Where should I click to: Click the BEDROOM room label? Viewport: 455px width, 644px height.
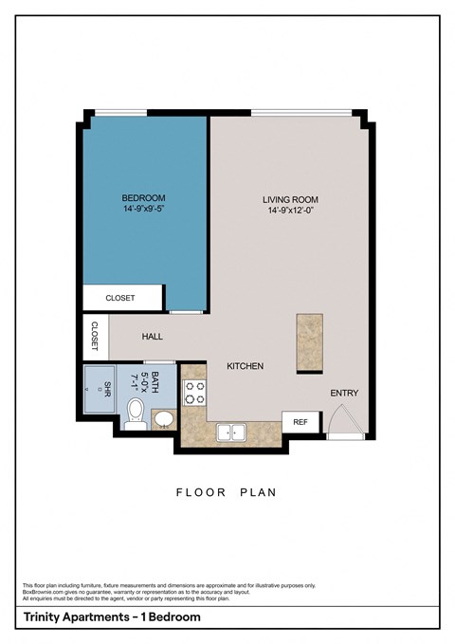tap(143, 197)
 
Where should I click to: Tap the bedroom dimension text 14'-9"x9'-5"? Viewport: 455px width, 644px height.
tap(143, 209)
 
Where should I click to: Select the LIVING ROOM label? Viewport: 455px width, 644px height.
tap(290, 199)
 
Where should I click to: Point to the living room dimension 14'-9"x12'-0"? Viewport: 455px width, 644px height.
tap(290, 211)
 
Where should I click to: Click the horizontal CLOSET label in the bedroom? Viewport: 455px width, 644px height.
tap(120, 298)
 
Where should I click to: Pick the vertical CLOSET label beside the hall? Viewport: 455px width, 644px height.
tap(95, 335)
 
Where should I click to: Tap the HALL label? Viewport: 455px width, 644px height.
tap(153, 336)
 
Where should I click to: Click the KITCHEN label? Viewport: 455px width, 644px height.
tap(245, 366)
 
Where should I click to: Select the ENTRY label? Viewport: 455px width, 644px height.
tap(343, 393)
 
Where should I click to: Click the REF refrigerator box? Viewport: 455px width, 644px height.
tap(300, 422)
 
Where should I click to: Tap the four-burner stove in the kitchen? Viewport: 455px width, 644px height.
tap(194, 393)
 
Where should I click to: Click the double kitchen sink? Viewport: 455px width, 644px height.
tap(230, 432)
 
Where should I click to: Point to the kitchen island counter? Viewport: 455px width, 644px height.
tap(309, 342)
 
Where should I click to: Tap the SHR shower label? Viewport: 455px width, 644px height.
tap(107, 389)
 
